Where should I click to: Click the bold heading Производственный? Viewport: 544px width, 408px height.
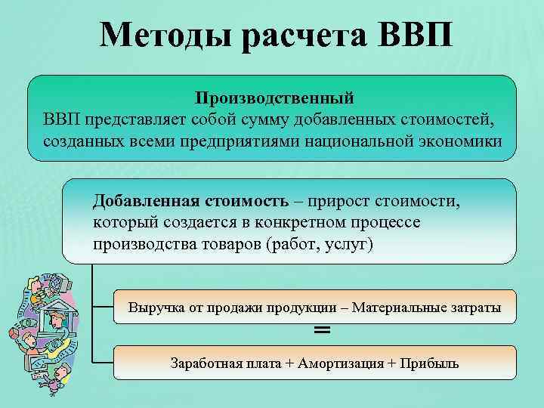coord(274,98)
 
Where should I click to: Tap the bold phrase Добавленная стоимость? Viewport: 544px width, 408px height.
coord(190,202)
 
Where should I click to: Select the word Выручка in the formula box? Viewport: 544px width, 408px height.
coord(153,308)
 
